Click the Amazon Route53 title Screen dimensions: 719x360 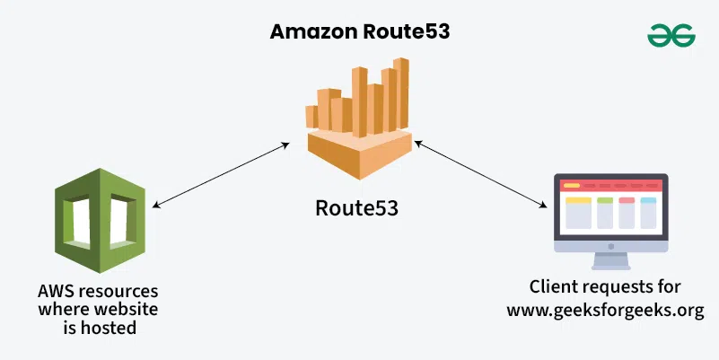pyautogui.click(x=359, y=31)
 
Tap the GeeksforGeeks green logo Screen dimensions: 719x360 pyautogui.click(x=671, y=35)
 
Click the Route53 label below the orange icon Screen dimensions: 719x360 pyautogui.click(x=356, y=207)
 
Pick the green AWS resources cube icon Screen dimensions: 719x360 pyautogui.click(x=100, y=220)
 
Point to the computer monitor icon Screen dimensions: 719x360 pyautogui.click(x=610, y=222)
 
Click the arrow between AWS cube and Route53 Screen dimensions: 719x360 pyautogui.click(x=221, y=175)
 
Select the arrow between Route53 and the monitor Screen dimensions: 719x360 pyautogui.click(x=480, y=174)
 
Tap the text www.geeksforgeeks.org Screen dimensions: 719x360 pyautogui.click(x=605, y=310)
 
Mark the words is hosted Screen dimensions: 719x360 pyautogui.click(x=100, y=328)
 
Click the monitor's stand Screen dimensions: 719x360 pyautogui.click(x=610, y=261)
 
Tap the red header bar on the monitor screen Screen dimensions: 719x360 pyautogui.click(x=610, y=186)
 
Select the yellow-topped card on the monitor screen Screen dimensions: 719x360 pyautogui.click(x=578, y=213)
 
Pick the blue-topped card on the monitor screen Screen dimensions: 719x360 pyautogui.click(x=648, y=213)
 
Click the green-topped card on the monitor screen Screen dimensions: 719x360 pyautogui.click(x=605, y=213)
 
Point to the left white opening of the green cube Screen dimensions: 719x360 pyautogui.click(x=81, y=221)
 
